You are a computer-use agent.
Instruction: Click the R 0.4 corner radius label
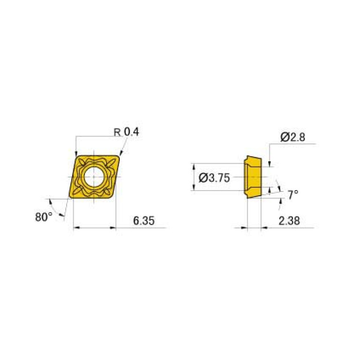pos(127,132)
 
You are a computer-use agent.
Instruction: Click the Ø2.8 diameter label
pos(293,137)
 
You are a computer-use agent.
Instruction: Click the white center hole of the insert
pos(94,177)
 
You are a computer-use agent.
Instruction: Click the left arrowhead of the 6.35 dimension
pos(77,228)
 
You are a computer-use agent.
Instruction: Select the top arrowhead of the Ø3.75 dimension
pos(194,166)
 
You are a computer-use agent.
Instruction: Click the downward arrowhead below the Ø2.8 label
pos(270,163)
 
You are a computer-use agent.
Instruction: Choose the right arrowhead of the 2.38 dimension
pos(263,228)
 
